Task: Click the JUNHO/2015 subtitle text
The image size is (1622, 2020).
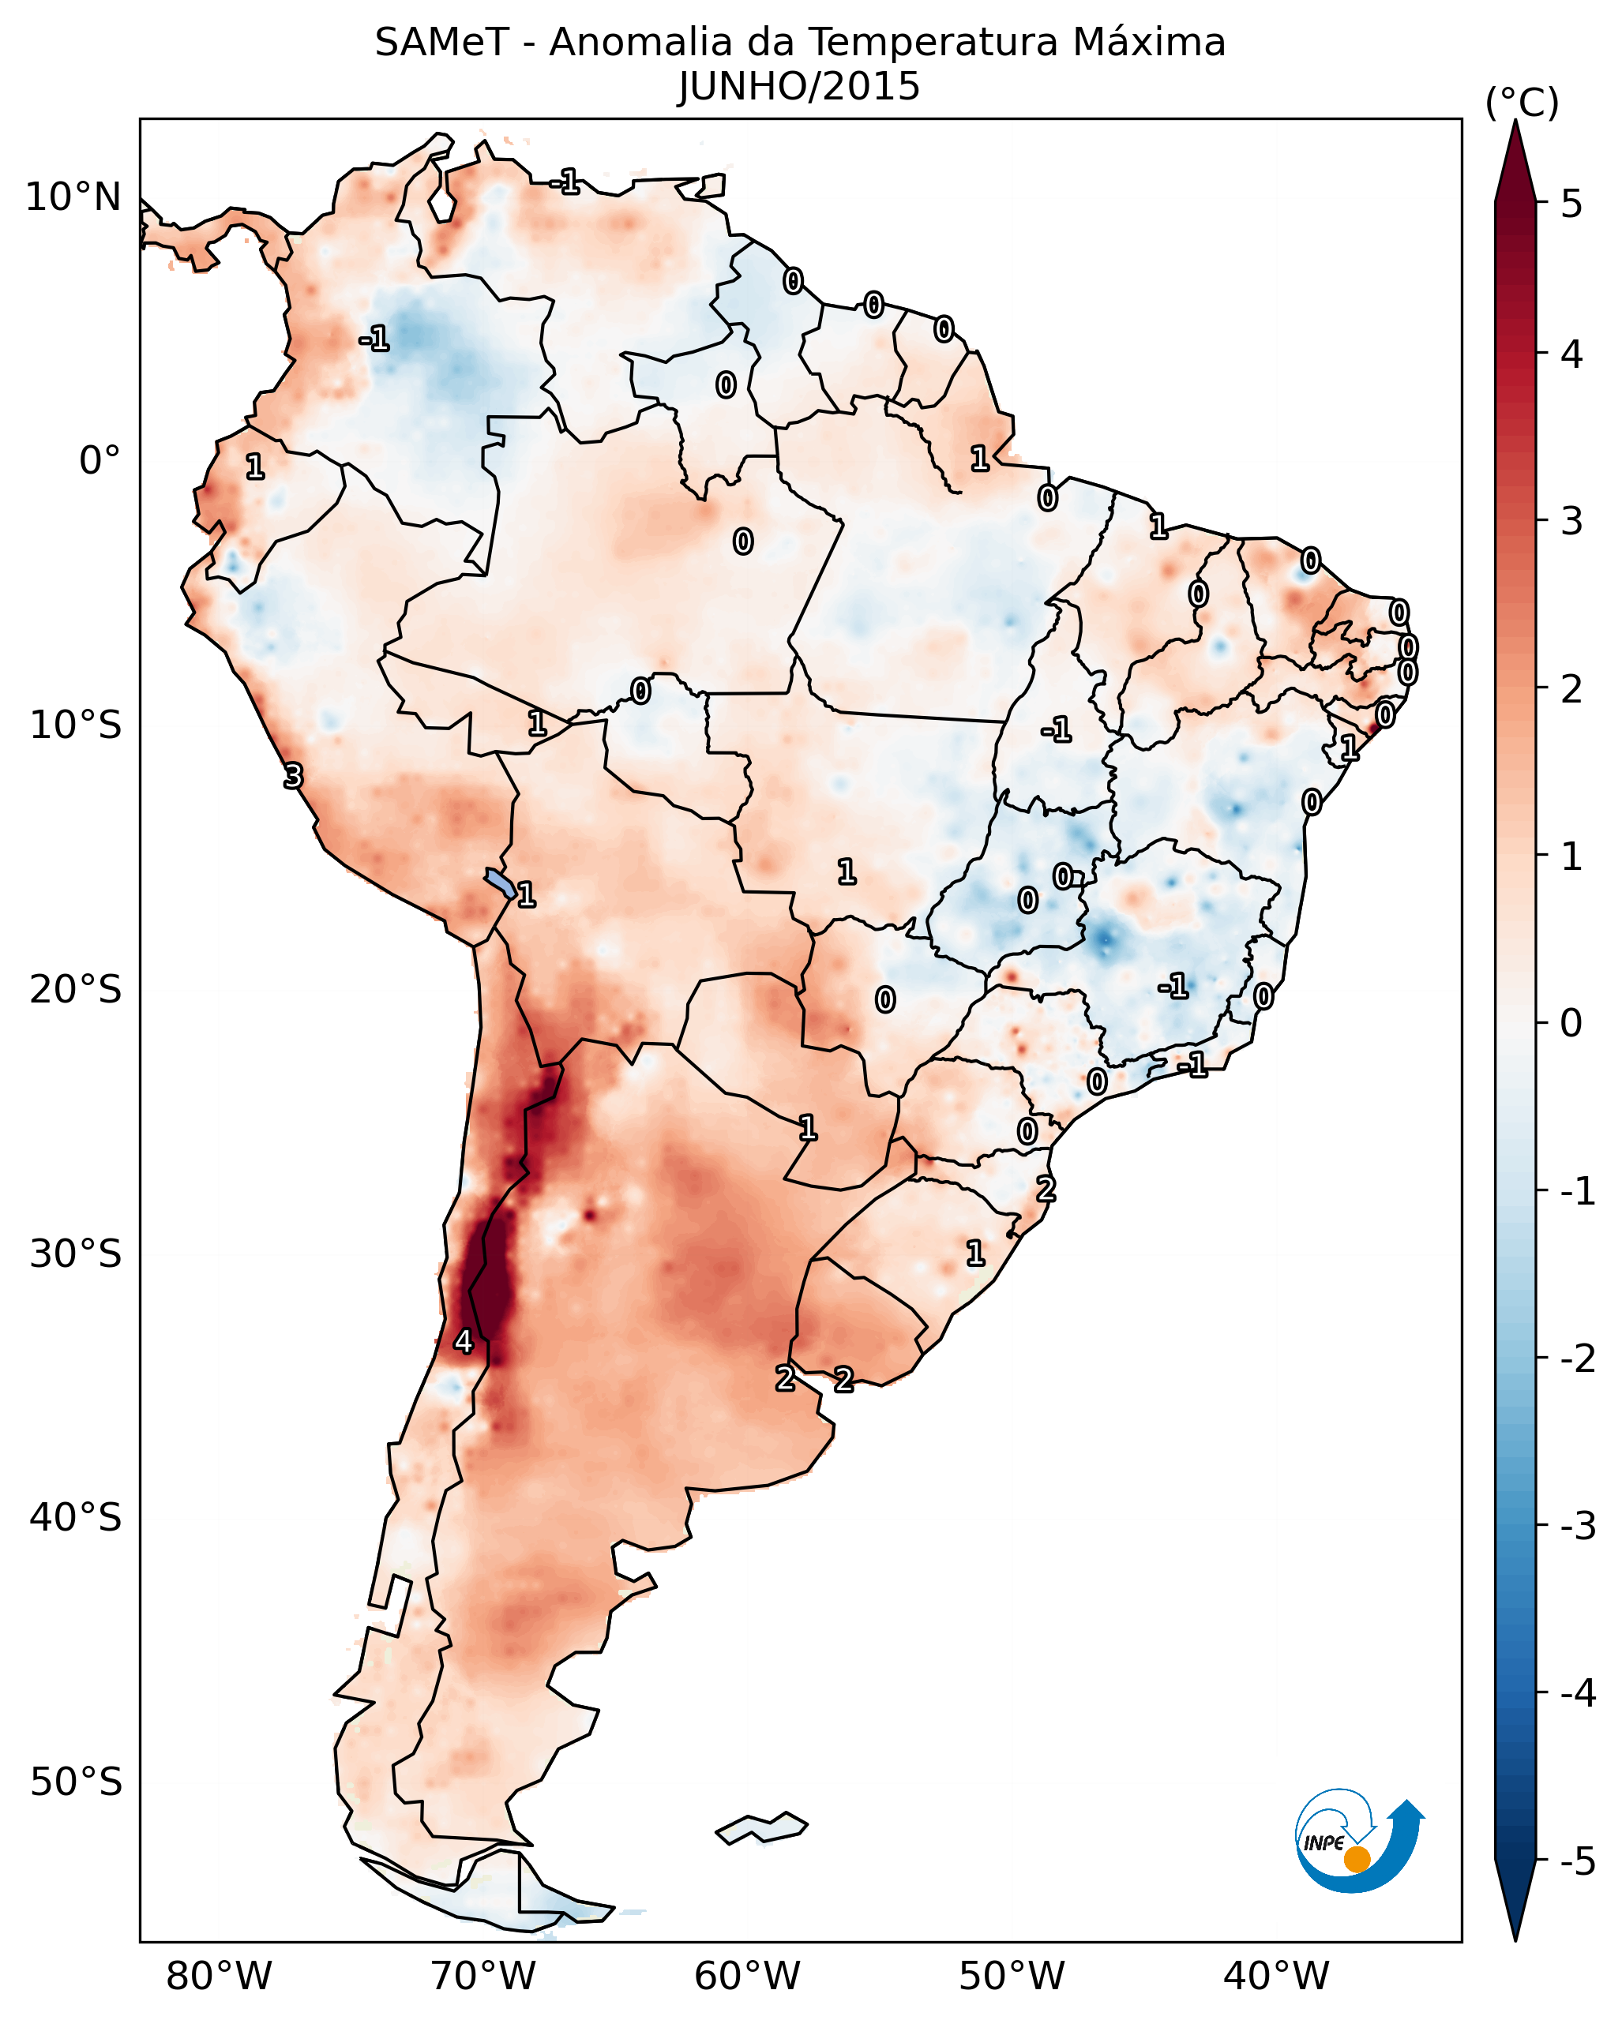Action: (799, 87)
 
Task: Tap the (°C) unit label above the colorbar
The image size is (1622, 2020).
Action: (1522, 103)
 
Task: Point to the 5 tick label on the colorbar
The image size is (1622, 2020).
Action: (1571, 204)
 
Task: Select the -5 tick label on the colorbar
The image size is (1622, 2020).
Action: (1577, 1861)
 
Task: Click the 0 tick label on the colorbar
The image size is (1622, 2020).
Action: (1571, 1022)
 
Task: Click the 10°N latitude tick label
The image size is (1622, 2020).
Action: (73, 197)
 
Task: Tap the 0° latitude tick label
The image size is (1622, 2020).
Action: (99, 461)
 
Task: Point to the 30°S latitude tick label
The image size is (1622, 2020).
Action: (75, 1254)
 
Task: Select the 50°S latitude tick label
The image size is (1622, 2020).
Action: (75, 1782)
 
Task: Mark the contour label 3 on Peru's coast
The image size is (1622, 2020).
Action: (293, 776)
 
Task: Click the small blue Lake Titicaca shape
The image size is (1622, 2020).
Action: (501, 883)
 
